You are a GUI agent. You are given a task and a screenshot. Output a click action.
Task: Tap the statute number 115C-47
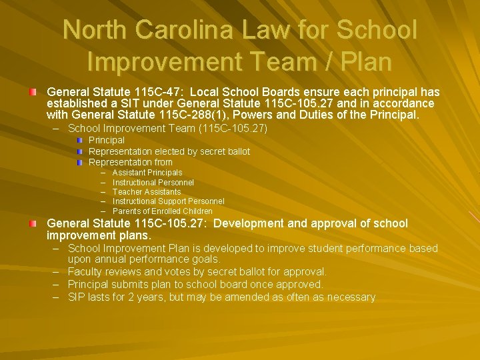[x=147, y=92]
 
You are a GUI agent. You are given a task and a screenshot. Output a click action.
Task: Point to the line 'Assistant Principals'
[x=147, y=173]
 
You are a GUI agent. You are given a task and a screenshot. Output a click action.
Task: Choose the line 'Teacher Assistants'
[x=147, y=192]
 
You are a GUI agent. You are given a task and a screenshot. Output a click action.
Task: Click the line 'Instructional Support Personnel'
[x=168, y=201]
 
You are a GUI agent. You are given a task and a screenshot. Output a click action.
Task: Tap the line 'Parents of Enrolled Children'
[x=163, y=211]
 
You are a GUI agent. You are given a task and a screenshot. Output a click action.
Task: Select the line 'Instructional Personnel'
[x=153, y=183]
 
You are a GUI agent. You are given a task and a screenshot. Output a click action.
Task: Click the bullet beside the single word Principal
[x=79, y=141]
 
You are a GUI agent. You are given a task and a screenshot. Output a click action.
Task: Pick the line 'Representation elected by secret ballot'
[x=169, y=151]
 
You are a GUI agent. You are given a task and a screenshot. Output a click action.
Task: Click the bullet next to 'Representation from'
[x=79, y=162]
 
